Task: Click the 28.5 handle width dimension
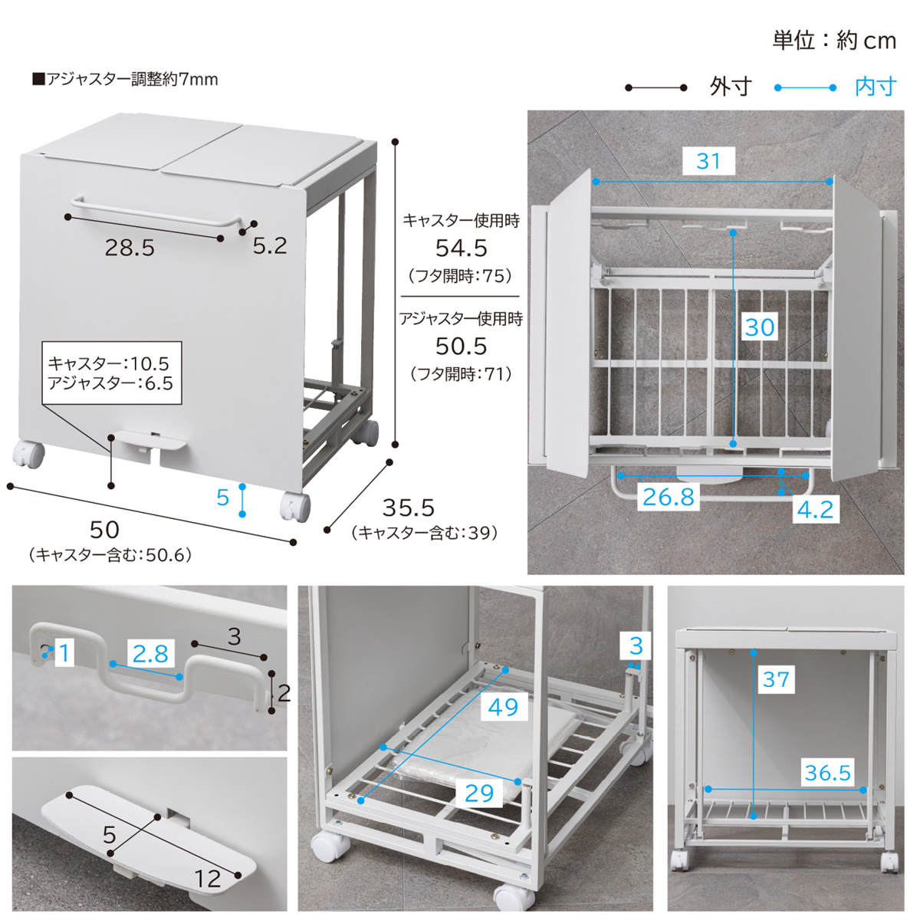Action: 130,248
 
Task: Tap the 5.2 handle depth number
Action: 270,246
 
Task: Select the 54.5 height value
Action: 461,248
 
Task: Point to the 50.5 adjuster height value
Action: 461,346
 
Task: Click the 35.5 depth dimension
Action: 408,508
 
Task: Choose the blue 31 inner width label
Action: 708,161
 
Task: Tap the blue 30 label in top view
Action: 760,327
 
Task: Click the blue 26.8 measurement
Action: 668,497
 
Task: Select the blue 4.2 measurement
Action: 816,509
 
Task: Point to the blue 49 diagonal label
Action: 503,707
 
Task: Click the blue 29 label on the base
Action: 479,793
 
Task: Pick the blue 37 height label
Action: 776,679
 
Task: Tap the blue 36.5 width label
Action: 827,772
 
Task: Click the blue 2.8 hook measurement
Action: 150,653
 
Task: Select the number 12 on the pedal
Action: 208,879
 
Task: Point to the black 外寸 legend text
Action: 731,87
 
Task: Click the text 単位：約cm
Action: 834,41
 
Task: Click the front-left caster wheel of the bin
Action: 28,454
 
